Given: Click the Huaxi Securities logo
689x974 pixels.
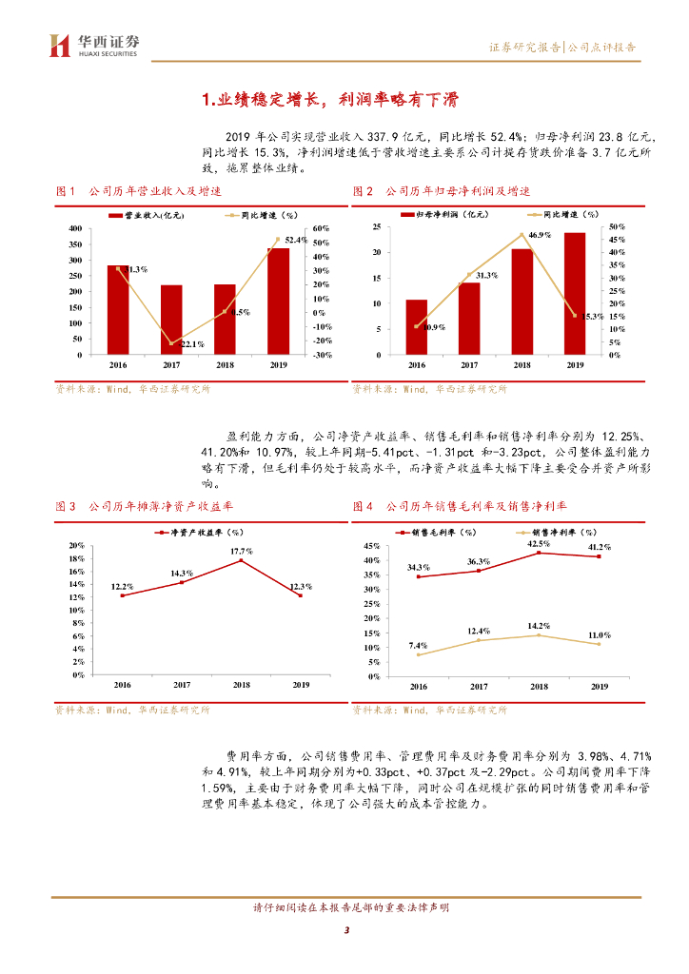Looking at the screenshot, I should point(93,45).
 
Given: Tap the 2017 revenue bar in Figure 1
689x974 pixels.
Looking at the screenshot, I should point(171,320).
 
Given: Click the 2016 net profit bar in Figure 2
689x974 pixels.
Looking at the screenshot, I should point(417,327).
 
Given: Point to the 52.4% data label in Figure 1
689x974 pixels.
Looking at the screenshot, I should point(295,240).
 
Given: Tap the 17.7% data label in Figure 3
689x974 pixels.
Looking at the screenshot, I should point(241,552).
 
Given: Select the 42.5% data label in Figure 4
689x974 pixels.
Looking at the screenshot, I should point(539,543).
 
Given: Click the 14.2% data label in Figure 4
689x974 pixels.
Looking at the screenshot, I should point(539,625).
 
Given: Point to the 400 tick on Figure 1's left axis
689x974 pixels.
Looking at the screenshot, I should point(73,229).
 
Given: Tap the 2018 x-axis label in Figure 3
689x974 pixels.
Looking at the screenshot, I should point(241,685).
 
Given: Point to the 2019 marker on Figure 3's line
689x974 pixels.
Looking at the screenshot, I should point(300,595).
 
